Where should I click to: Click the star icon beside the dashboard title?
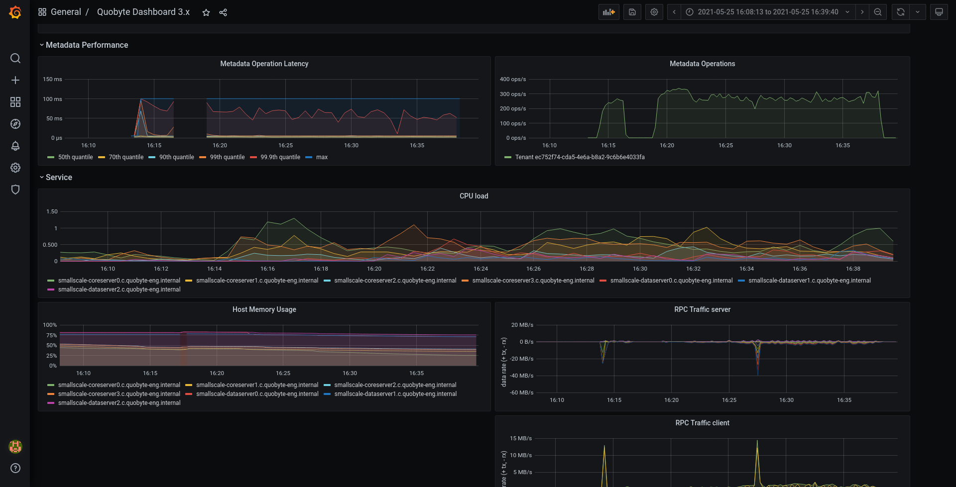point(206,12)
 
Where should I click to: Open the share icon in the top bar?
point(223,12)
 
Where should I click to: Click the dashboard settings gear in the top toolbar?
point(654,12)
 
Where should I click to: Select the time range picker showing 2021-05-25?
point(768,12)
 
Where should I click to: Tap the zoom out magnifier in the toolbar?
point(878,12)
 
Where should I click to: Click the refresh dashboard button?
point(901,12)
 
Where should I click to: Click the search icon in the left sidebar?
point(15,58)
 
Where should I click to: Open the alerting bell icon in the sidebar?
point(15,146)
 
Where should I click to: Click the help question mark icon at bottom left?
point(15,468)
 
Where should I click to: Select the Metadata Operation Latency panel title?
point(264,64)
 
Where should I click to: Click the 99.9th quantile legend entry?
point(275,157)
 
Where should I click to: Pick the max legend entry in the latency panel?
point(317,157)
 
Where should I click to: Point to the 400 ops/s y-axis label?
point(513,79)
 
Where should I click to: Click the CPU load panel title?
point(474,196)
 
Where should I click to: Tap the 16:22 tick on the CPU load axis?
point(427,269)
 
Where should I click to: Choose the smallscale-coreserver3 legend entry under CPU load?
point(528,281)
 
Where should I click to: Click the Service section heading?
point(59,178)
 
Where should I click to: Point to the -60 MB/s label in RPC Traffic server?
point(521,392)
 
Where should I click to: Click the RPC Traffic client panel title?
point(703,423)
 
